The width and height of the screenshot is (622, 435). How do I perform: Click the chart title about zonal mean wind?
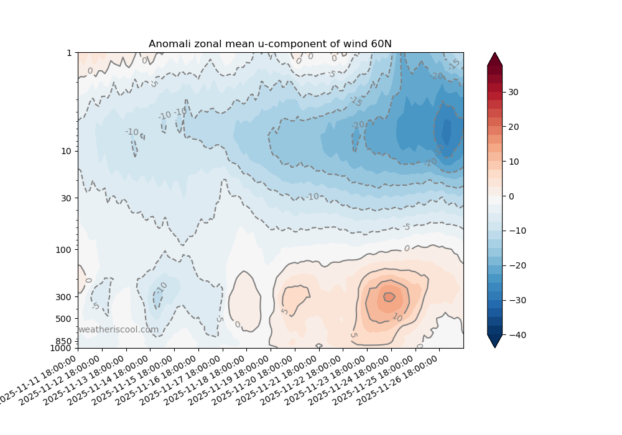click(x=270, y=43)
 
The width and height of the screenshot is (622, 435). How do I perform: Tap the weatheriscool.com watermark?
click(x=118, y=329)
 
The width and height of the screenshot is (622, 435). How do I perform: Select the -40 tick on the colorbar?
click(x=514, y=335)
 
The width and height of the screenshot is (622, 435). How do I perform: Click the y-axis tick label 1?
click(x=69, y=53)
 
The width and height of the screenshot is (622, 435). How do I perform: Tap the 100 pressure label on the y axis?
click(x=64, y=249)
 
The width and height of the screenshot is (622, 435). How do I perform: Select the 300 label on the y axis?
click(x=64, y=296)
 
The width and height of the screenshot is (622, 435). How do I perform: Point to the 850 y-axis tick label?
click(x=64, y=341)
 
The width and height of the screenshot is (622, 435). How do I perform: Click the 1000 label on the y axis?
click(x=62, y=348)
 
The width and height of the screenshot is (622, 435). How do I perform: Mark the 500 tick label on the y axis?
click(x=64, y=319)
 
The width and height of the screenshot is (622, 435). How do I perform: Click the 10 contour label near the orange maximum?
click(x=397, y=318)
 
